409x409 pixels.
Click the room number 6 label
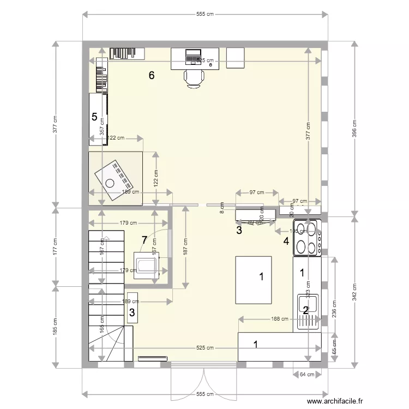[152, 76]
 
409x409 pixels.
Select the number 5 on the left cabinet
[94, 117]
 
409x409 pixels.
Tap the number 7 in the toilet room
[144, 239]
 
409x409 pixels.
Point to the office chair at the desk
[194, 78]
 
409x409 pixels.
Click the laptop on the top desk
[193, 56]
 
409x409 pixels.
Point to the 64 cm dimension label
[306, 374]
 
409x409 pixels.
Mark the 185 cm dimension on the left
[55, 326]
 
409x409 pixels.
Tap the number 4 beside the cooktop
[286, 240]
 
